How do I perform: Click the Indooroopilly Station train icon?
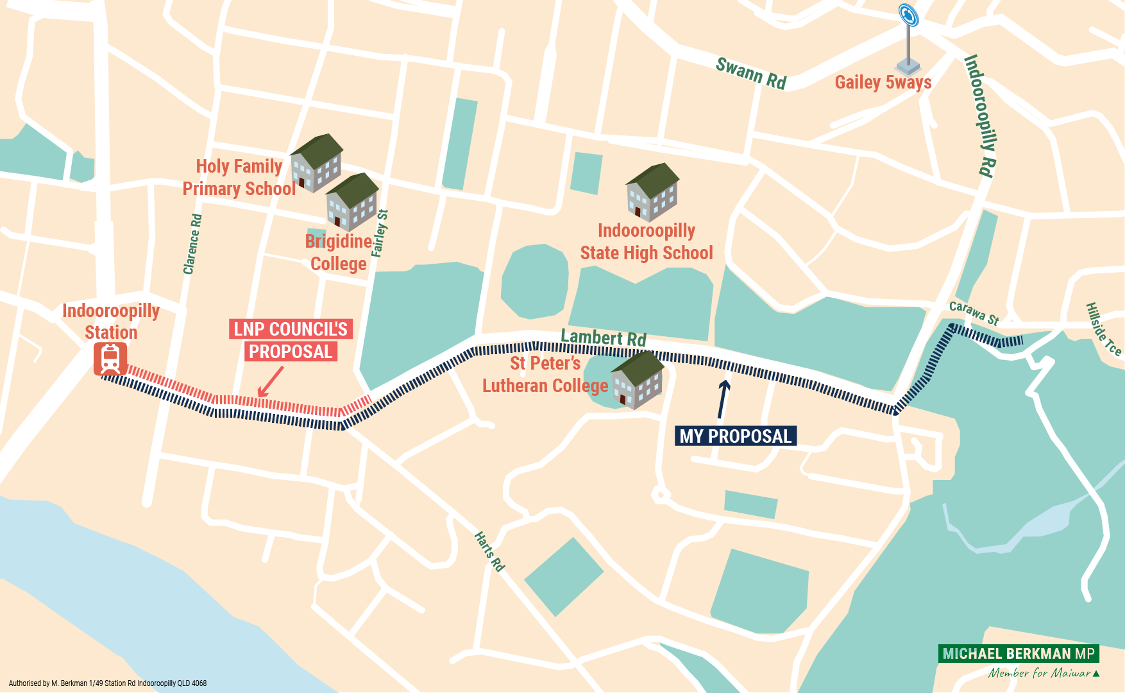click(x=110, y=359)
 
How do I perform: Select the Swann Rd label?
click(x=750, y=73)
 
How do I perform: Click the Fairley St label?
click(x=380, y=234)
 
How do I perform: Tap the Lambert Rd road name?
click(x=603, y=338)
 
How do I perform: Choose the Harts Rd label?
click(x=489, y=551)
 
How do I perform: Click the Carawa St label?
click(x=974, y=313)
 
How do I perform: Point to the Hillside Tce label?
click(x=1103, y=329)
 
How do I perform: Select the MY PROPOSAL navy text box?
click(x=735, y=436)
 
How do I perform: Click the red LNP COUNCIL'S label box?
click(x=291, y=329)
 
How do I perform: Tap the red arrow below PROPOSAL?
click(x=270, y=382)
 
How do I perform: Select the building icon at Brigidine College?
click(x=351, y=201)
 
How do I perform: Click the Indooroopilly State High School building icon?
click(x=652, y=192)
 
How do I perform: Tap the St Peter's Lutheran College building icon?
click(x=638, y=380)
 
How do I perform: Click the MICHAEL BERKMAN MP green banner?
click(x=1018, y=654)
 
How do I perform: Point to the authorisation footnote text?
click(x=108, y=683)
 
